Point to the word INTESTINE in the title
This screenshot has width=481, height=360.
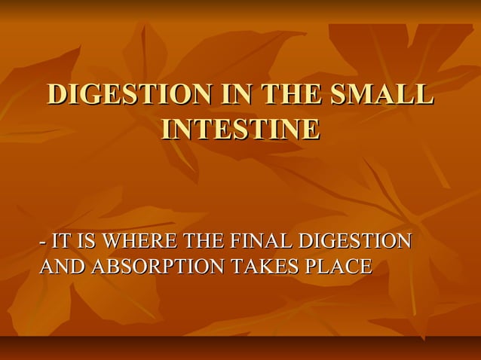coord(240,129)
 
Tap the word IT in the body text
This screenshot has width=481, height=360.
coord(59,242)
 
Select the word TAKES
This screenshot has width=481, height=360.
coord(264,267)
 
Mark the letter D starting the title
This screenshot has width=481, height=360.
coord(57,96)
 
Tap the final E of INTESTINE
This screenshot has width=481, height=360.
coord(310,129)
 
